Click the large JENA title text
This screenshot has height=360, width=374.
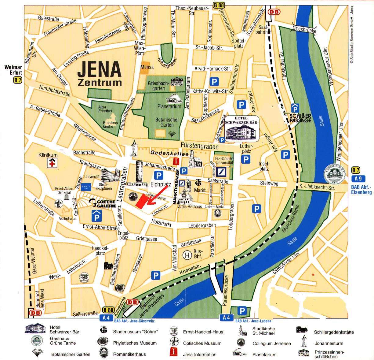[x=100, y=69]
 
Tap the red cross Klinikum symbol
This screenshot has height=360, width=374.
[x=52, y=163]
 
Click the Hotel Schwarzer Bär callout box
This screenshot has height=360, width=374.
[x=241, y=128]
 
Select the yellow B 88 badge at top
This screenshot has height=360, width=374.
[x=219, y=5]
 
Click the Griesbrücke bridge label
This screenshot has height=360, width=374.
[x=304, y=29]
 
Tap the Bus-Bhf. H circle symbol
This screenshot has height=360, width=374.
[x=186, y=254]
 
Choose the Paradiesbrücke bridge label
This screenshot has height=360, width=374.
[x=226, y=290]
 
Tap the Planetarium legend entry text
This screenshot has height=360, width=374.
[x=264, y=354]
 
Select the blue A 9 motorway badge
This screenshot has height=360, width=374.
[x=358, y=179]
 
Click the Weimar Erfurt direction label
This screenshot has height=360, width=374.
[x=13, y=70]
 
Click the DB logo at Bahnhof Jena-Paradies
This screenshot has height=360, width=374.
[x=132, y=302]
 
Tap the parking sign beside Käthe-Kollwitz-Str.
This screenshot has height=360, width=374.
[x=214, y=82]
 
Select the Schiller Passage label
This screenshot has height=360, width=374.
[x=300, y=118]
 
